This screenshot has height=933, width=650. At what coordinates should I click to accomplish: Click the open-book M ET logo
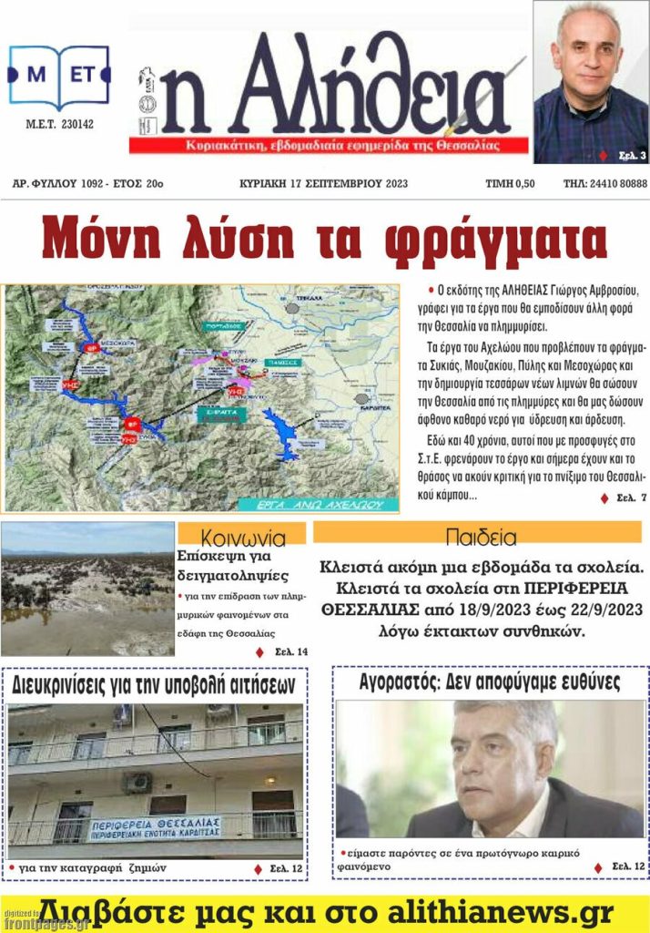click(58, 78)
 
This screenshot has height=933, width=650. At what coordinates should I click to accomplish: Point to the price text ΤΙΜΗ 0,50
click(511, 183)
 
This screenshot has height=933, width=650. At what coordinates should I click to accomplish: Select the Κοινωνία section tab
click(241, 536)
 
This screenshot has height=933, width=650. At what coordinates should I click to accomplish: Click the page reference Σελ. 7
click(624, 498)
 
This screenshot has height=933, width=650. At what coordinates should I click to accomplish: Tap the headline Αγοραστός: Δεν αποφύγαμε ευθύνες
click(489, 682)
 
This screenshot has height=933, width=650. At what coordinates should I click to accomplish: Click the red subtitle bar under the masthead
click(328, 146)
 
